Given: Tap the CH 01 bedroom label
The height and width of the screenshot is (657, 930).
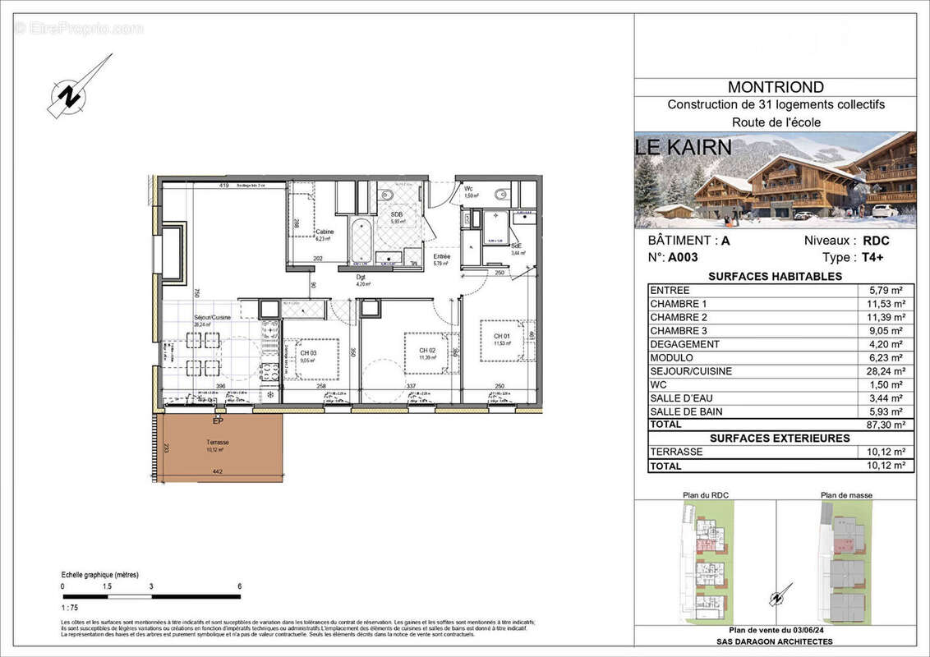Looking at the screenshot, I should click(x=503, y=336).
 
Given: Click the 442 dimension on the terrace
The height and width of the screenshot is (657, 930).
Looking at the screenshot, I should click(x=217, y=471).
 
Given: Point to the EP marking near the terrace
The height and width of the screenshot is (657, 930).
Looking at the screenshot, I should click(x=218, y=422).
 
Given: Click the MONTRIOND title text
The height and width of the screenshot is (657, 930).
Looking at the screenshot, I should click(x=776, y=87).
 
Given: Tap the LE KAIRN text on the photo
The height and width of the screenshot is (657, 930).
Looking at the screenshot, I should click(x=684, y=147).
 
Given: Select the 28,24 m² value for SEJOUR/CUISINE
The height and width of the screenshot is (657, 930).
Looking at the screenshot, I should click(x=887, y=371).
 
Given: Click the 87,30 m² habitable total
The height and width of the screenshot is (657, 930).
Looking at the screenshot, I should click(x=887, y=425).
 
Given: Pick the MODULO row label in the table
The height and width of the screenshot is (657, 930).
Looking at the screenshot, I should click(x=671, y=358).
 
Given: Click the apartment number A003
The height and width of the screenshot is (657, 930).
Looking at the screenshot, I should click(x=682, y=256).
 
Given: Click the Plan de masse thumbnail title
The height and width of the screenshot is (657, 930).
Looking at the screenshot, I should click(x=846, y=495).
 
